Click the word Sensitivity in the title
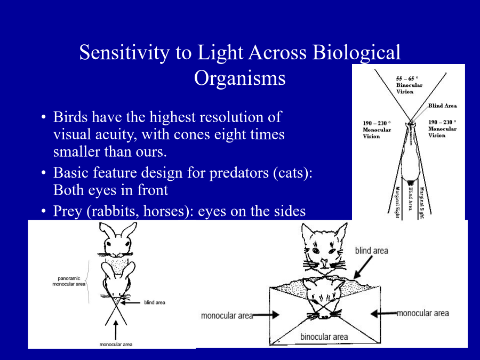[x=124, y=53]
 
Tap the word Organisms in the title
[x=239, y=78]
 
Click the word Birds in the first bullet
[x=70, y=117]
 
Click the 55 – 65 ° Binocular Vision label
[x=409, y=85]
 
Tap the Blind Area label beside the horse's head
[x=442, y=106]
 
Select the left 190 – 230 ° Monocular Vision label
[x=377, y=130]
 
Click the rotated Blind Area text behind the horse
[x=411, y=199]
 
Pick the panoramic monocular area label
[x=69, y=281]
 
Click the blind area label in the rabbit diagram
[x=155, y=302]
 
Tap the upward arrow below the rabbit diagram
[x=116, y=330]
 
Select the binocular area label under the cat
[x=324, y=337]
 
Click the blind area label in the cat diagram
[x=371, y=251]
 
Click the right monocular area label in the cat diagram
[x=423, y=313]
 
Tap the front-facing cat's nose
[x=324, y=262]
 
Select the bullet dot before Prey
[x=44, y=211]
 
